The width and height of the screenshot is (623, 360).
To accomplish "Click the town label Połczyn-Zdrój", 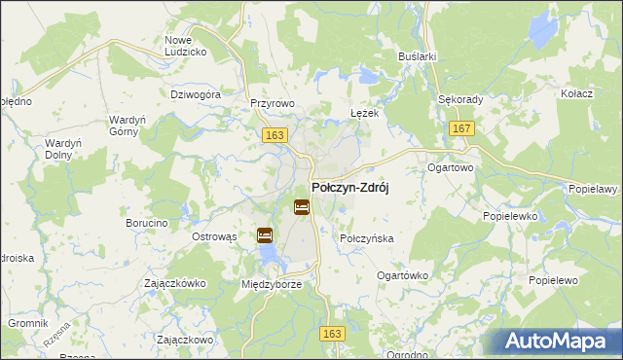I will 349,189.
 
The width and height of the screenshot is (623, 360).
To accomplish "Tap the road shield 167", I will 462,128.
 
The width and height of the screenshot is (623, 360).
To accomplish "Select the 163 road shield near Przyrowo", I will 274,136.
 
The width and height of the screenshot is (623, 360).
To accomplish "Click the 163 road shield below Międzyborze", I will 333,333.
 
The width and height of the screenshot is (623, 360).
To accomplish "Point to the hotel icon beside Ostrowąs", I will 265,235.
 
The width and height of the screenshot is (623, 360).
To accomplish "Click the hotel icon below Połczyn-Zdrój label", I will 302,207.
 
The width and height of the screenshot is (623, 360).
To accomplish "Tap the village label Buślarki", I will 417,57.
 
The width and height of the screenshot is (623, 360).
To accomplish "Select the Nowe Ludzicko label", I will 185,45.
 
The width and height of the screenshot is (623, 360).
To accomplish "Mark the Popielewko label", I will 510,218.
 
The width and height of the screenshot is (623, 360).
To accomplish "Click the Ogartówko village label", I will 402,275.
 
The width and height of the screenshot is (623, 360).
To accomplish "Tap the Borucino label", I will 147,223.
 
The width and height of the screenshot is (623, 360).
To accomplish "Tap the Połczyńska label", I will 366,237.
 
